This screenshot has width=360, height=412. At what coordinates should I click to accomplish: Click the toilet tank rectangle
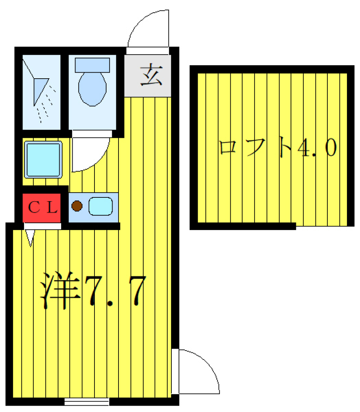click(x=92, y=65)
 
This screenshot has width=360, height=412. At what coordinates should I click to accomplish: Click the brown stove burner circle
click(x=77, y=206)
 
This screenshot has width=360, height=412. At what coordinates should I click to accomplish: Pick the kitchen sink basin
click(x=100, y=206)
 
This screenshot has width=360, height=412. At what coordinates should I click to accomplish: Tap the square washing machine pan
click(x=43, y=160)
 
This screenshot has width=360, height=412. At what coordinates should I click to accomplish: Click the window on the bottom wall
click(x=87, y=402)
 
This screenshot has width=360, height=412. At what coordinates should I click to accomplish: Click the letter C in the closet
click(x=34, y=207)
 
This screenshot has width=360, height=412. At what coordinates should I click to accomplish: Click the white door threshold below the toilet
click(x=92, y=134)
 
